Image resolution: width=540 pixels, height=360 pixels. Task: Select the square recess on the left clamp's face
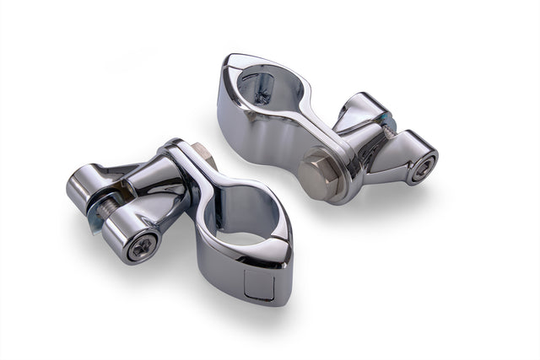259,285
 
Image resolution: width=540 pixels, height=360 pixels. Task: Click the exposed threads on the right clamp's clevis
387,123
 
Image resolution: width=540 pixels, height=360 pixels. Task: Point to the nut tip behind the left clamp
203,153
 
